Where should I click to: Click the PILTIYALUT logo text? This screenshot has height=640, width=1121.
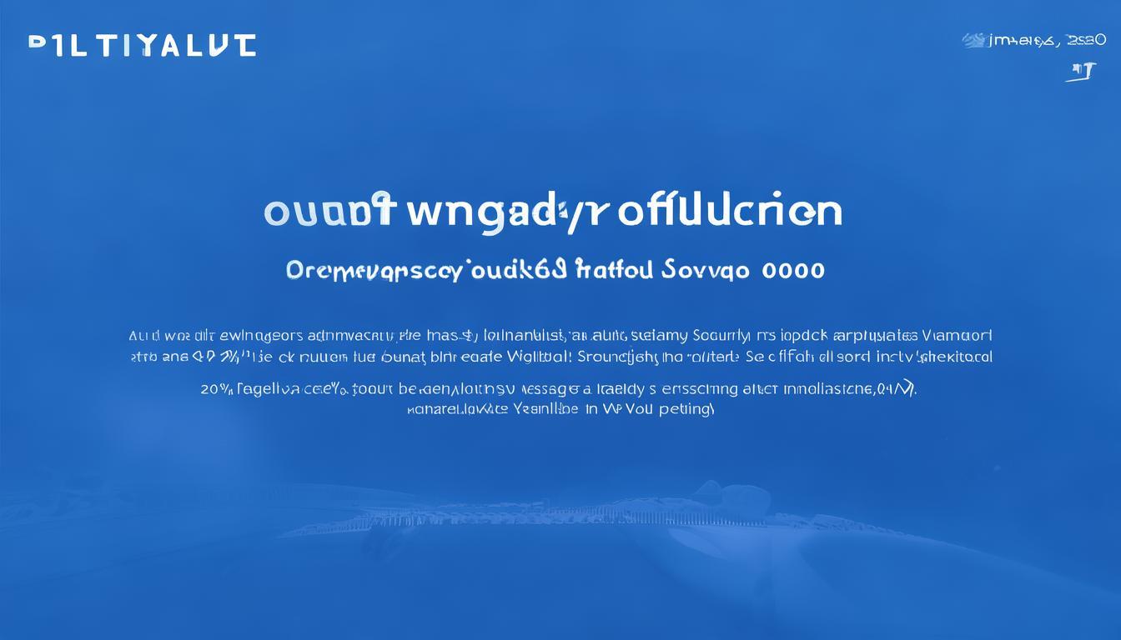142,45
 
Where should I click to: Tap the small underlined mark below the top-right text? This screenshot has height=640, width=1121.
1082,72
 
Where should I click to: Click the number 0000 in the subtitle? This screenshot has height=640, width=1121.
793,270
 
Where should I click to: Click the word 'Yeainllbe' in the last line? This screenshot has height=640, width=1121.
548,410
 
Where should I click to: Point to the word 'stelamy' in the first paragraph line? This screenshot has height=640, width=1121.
659,337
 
